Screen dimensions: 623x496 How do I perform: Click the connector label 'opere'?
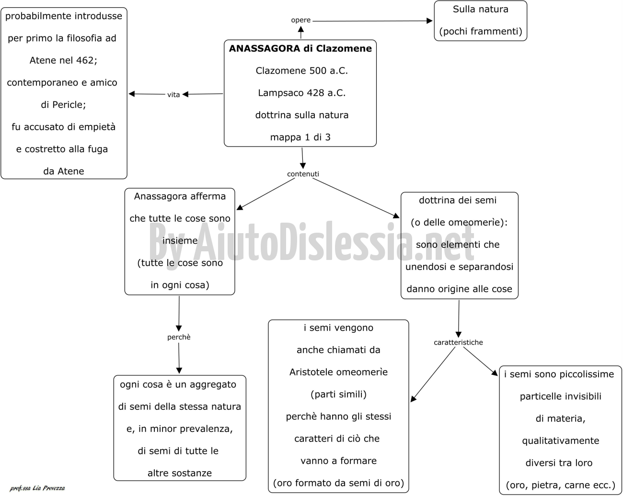(301, 20)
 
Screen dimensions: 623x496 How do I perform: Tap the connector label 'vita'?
(173, 95)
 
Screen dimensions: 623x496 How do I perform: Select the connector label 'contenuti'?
(303, 174)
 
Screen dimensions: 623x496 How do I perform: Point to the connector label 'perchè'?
(179, 337)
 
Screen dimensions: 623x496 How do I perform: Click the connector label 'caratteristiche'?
(458, 342)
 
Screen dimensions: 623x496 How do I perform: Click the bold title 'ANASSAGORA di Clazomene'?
(300, 48)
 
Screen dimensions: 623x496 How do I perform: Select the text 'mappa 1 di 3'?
(300, 137)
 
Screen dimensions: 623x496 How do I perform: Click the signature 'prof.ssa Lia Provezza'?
(37, 488)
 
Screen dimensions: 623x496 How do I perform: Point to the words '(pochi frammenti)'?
(481, 31)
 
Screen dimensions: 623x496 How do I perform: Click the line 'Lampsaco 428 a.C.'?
(301, 93)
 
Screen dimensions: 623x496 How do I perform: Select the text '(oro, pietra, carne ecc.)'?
(561, 485)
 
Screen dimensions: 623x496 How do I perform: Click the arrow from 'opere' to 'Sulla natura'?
(372, 21)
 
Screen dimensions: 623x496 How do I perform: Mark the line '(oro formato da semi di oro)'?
(338, 483)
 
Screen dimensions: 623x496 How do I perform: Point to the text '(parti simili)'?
(338, 394)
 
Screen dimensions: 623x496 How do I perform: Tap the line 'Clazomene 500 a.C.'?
(301, 70)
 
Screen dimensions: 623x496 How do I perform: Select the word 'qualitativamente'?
(561, 441)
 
